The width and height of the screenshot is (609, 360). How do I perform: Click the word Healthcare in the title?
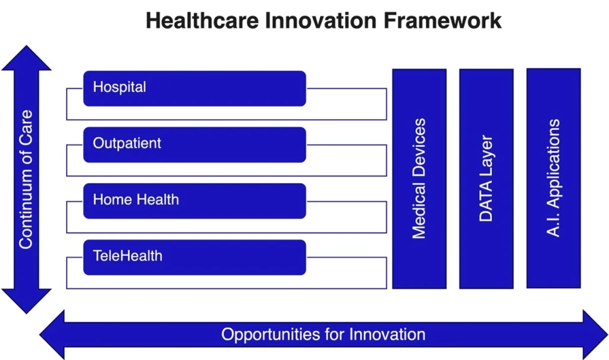(x=202, y=21)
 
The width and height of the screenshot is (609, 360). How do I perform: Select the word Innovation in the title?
(x=321, y=21)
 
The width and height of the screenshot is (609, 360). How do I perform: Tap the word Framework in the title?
(x=442, y=21)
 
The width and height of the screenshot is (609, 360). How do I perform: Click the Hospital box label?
(x=120, y=87)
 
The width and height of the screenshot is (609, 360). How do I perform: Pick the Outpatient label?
(x=127, y=143)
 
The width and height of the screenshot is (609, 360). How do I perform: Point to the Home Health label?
(x=136, y=199)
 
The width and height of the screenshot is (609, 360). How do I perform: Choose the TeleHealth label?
(x=127, y=256)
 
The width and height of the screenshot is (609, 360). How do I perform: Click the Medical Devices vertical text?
(x=419, y=179)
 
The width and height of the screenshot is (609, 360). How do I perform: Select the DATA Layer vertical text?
(x=486, y=179)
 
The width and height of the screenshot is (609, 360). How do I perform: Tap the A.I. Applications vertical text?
(x=553, y=178)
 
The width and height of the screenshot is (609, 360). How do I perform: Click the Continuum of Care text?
(x=26, y=179)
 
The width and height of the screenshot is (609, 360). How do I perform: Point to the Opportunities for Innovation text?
(x=323, y=334)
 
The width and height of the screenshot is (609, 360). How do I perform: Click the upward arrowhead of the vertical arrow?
(x=26, y=58)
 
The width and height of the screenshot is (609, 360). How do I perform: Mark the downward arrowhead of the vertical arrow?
(x=26, y=301)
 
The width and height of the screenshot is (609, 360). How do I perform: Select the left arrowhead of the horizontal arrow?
(x=52, y=335)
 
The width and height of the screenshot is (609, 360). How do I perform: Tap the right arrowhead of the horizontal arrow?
(x=595, y=335)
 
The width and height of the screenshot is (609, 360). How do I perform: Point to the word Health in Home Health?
(x=158, y=199)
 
